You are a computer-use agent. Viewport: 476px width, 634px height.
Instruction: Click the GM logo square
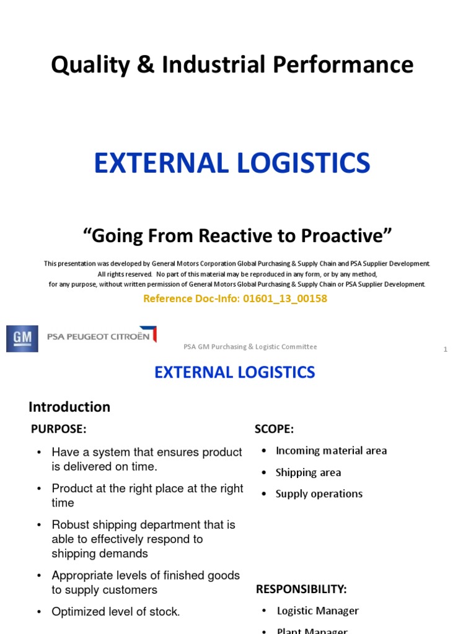pos(22,339)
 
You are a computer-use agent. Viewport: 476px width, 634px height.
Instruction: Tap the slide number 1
pos(445,350)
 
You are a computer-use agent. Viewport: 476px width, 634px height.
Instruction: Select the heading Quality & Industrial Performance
pos(232,65)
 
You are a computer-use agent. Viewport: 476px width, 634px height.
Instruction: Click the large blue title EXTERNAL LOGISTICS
pos(232,163)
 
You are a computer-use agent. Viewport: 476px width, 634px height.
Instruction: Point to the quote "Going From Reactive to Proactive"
pos(238,236)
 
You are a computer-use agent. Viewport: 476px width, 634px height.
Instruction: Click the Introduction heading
pos(69,407)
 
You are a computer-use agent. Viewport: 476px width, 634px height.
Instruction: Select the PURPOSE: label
pos(59,429)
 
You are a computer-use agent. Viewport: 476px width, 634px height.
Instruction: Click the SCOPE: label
pos(274,429)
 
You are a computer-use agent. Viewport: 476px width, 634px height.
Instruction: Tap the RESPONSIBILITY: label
pos(301,589)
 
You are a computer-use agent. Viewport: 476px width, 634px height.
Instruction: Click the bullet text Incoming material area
pos(331,451)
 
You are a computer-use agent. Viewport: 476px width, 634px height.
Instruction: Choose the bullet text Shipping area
pos(308,472)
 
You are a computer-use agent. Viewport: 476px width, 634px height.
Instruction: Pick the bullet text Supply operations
pos(319,494)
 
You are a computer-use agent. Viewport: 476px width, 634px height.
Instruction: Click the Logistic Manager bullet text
pos(317,611)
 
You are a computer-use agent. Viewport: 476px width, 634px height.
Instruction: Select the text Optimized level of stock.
pos(116,612)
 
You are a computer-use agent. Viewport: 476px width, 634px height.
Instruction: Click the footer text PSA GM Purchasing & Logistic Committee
pos(250,347)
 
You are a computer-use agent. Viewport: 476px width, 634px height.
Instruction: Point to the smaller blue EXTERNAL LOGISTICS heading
pos(235,372)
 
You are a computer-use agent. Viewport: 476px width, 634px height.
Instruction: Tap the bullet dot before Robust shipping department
pos(38,525)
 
